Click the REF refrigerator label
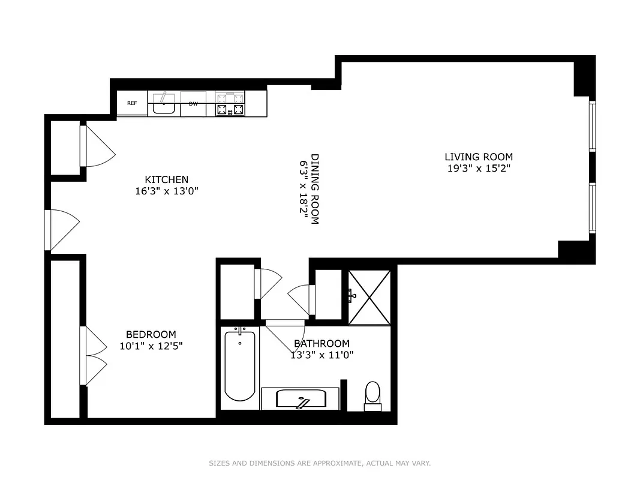[132, 103]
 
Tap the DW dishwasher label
[193, 103]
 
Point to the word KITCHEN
[166, 179]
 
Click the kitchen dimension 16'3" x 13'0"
[166, 191]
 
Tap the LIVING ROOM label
[479, 157]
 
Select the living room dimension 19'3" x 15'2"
[479, 169]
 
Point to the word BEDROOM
[151, 334]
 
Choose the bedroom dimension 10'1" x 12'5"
[151, 346]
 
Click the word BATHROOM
[321, 343]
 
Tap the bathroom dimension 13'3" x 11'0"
[321, 355]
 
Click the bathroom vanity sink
[300, 399]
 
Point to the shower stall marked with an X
[369, 297]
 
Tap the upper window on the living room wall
[592, 126]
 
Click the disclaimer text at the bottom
[320, 463]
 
